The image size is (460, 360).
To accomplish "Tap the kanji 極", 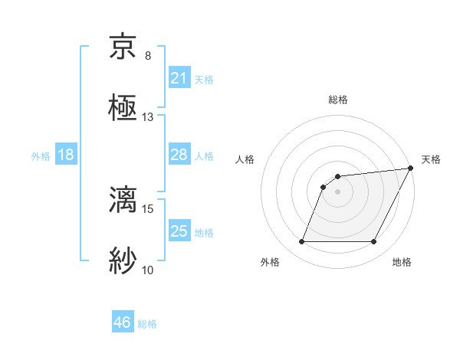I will click(x=123, y=108).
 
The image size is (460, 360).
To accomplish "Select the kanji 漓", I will click(x=123, y=198).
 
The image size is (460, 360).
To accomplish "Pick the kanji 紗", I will click(x=123, y=260).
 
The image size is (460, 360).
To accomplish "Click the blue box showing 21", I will click(x=179, y=78).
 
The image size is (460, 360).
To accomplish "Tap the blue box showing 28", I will click(x=179, y=155).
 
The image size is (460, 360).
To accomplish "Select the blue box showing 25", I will click(x=179, y=231).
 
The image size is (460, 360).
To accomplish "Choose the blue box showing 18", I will click(x=66, y=155).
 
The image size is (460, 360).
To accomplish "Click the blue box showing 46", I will click(x=123, y=322).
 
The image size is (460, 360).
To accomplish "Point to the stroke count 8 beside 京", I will click(x=147, y=56).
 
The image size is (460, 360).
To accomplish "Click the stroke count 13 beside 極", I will click(x=147, y=117).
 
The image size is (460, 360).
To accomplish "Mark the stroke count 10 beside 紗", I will click(x=147, y=269).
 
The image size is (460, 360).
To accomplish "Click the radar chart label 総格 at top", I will click(x=338, y=100).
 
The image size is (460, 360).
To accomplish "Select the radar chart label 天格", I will click(x=431, y=159).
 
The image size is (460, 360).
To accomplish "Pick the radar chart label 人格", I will click(x=245, y=159).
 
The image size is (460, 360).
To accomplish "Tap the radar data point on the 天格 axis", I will click(x=411, y=168).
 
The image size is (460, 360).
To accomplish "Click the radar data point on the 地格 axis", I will click(x=374, y=242).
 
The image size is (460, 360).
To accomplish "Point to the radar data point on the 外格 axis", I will click(x=301, y=242).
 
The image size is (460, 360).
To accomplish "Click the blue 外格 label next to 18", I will click(x=41, y=156).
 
